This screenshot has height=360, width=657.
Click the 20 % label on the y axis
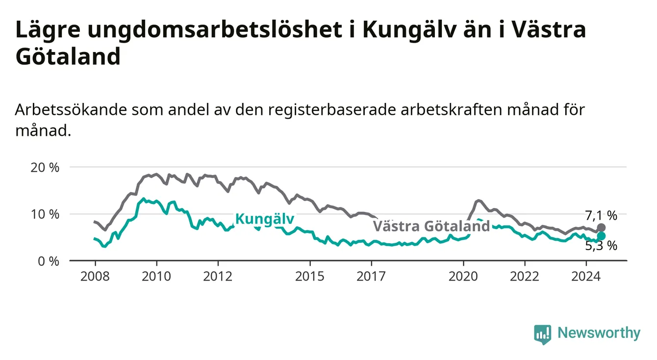point(45,168)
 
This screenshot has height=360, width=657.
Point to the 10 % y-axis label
point(45,214)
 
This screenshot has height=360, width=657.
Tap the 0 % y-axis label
point(49,261)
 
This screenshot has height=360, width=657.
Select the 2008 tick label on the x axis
point(95,277)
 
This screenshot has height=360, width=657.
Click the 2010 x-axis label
point(156,277)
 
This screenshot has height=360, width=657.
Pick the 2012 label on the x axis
point(218,277)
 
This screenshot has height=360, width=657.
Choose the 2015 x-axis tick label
point(310,277)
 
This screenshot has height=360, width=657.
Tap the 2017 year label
point(371,277)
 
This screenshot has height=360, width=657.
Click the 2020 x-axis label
point(463,277)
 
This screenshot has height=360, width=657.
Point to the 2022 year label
point(525,277)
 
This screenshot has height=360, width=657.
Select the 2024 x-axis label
point(586,277)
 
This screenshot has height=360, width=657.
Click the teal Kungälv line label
point(265,219)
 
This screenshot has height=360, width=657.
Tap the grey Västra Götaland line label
point(431,226)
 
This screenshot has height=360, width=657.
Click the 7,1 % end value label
point(601,216)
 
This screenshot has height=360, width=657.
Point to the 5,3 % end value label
point(601,246)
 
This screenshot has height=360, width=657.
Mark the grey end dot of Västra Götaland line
point(601,228)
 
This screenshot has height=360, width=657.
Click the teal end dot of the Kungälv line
point(601,236)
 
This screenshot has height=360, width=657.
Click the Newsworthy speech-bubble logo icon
point(542,334)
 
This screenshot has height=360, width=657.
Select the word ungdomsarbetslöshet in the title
point(215,30)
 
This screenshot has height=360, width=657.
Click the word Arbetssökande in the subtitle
point(71,110)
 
